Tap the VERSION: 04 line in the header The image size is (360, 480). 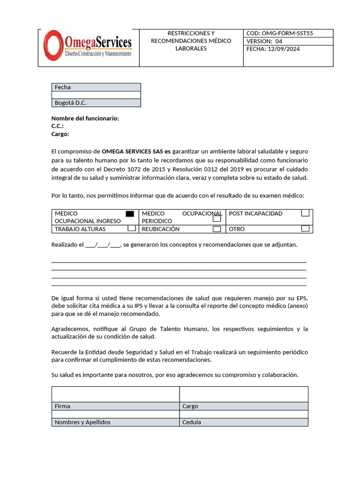(x=264, y=41)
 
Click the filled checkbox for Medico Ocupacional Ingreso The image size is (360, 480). (x=130, y=214)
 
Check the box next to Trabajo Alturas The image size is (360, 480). (x=132, y=228)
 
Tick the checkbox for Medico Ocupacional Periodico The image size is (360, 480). (x=217, y=218)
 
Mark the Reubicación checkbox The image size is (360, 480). (x=217, y=229)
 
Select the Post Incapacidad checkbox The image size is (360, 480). (x=305, y=213)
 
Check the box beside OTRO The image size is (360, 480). (x=305, y=229)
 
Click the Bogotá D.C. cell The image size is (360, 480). (x=96, y=103)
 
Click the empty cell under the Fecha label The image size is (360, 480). (x=96, y=95)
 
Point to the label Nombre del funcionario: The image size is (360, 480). (x=85, y=119)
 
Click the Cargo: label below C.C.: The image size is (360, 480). (x=60, y=134)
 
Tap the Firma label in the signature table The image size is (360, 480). (x=62, y=406)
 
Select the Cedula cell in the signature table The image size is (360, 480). (x=192, y=422)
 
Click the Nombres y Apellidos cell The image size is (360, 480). (x=82, y=422)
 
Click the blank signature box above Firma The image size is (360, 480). (x=115, y=394)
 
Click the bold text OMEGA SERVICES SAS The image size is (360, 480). (x=132, y=151)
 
